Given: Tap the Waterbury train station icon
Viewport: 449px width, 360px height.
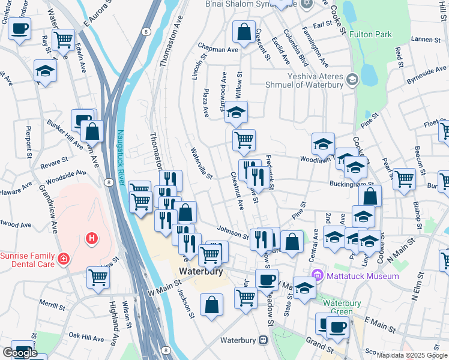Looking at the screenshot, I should [263, 340].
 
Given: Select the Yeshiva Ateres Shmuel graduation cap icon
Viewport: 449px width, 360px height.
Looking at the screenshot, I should [352, 79].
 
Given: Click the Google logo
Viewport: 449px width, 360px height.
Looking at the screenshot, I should [20, 353].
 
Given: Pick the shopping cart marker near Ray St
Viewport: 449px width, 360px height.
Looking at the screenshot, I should [63, 40].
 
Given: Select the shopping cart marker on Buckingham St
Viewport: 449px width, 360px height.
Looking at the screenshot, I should [404, 178].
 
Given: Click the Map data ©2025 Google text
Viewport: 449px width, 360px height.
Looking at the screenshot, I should [412, 355].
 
